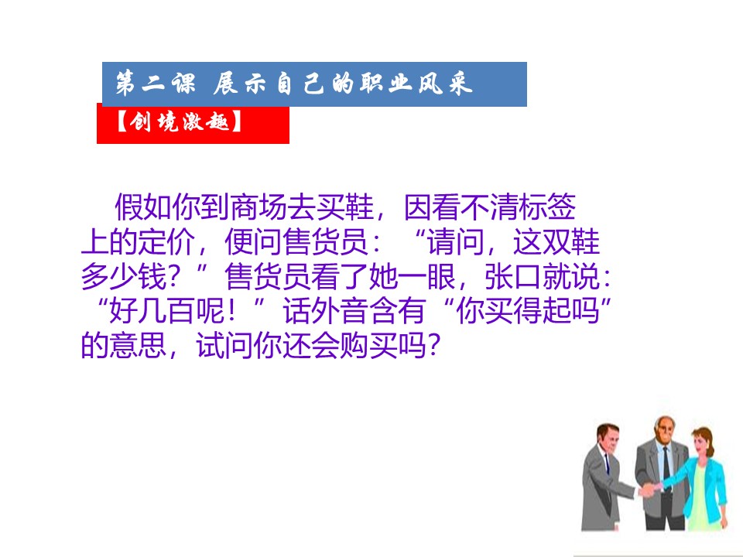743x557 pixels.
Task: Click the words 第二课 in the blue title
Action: coord(156,84)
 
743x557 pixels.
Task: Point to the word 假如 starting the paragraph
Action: coord(143,207)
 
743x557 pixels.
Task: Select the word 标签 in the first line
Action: coord(547,207)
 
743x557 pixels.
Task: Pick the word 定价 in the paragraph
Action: coord(166,241)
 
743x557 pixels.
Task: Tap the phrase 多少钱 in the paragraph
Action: coord(124,276)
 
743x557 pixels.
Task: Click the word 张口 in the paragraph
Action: coord(513,276)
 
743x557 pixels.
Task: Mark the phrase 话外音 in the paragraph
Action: coord(327,311)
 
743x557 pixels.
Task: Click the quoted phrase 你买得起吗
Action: coord(528,311)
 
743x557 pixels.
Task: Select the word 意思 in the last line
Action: coord(138,345)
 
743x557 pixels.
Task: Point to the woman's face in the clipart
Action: coord(700,443)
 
